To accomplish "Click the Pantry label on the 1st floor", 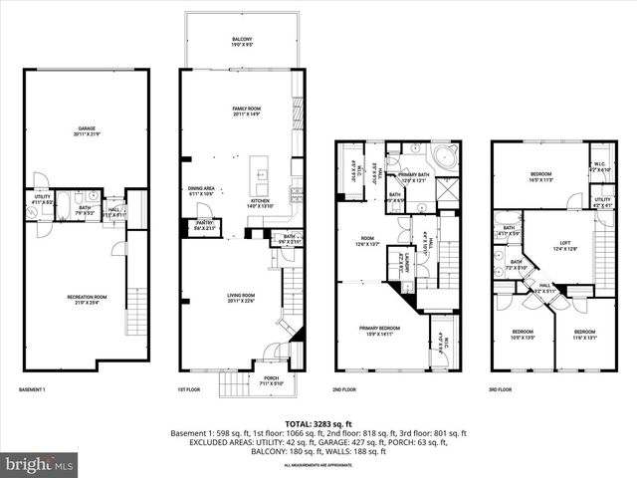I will tap(205, 224).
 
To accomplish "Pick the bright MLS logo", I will tap(40, 464).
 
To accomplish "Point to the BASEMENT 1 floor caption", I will tap(37, 389).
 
